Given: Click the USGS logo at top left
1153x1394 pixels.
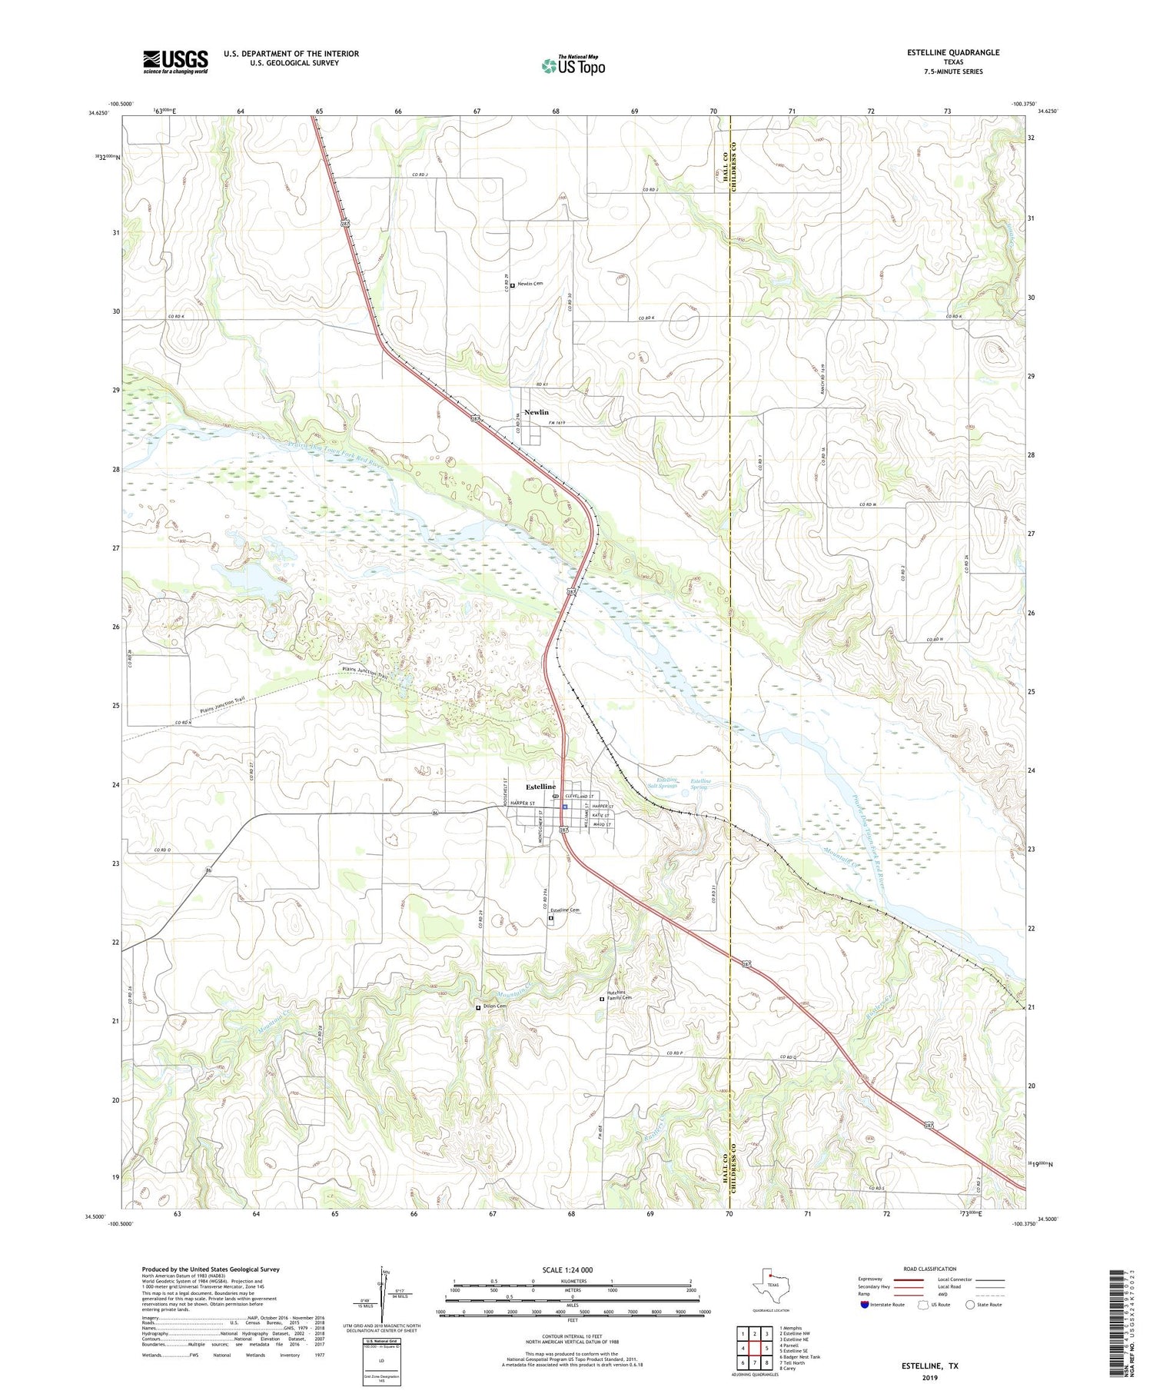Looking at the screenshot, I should [x=175, y=62].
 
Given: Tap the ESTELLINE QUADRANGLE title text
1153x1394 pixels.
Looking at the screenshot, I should [x=953, y=52].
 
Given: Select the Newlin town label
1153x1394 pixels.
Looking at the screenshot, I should [x=537, y=412].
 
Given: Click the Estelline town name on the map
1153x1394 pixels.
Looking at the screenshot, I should [x=540, y=787].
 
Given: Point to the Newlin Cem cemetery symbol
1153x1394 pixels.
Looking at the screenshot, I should [x=513, y=286].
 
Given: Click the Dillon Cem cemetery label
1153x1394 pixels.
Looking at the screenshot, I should [x=494, y=1006].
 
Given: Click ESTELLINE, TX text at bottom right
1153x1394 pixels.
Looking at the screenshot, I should [x=930, y=1366].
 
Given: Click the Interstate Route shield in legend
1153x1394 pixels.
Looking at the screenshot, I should [x=864, y=1305].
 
